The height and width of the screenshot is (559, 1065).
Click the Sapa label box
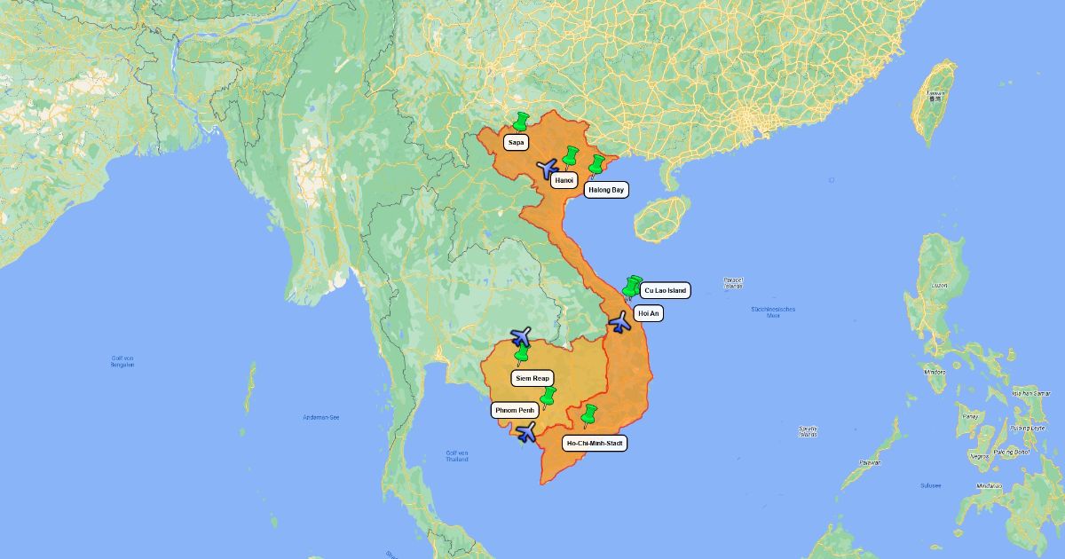pyautogui.click(x=517, y=142)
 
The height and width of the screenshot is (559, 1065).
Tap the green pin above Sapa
pyautogui.click(x=521, y=122)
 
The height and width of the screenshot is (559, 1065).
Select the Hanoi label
pyautogui.click(x=563, y=181)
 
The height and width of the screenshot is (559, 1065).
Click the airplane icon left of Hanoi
pyautogui.click(x=548, y=168)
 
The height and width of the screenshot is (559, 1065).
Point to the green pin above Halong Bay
pyautogui.click(x=597, y=165)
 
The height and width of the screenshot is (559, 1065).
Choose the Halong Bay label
pyautogui.click(x=606, y=190)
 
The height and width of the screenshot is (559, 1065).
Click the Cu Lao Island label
pyautogui.click(x=665, y=290)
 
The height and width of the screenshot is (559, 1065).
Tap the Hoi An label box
pyautogui.click(x=649, y=313)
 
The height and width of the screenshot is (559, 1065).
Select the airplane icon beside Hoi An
pyautogui.click(x=620, y=321)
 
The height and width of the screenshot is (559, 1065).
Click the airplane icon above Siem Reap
pyautogui.click(x=521, y=337)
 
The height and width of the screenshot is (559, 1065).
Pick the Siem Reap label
pyautogui.click(x=532, y=378)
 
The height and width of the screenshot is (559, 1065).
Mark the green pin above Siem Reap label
pyautogui.click(x=522, y=355)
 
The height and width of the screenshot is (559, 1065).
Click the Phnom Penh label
pyautogui.click(x=515, y=411)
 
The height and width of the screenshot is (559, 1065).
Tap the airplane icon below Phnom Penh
pyautogui.click(x=526, y=433)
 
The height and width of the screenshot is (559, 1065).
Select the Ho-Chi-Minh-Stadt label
pyautogui.click(x=596, y=443)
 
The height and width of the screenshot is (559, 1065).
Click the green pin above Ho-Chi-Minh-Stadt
pyautogui.click(x=588, y=413)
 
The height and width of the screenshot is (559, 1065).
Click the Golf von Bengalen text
pyautogui.click(x=122, y=362)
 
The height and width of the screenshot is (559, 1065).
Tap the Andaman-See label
pyautogui.click(x=320, y=417)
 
